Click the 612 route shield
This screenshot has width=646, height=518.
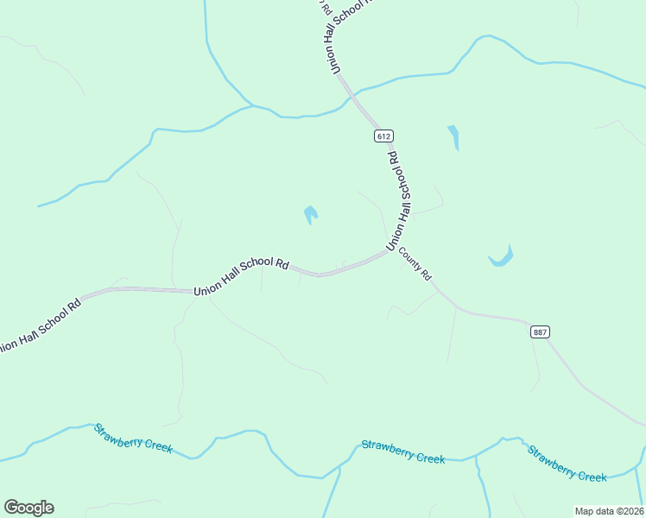point(384,136)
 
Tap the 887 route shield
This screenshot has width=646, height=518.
point(541,332)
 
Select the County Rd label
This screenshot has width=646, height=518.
point(415,266)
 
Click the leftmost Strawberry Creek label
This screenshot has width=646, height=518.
point(134,439)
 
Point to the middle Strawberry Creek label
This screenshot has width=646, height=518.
point(403,452)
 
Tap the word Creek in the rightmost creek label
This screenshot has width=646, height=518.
point(592,475)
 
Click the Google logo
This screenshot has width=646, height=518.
point(28,508)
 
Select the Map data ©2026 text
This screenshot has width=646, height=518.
point(609,511)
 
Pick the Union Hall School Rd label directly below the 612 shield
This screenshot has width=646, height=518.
point(398,201)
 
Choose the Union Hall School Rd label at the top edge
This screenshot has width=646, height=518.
point(343,35)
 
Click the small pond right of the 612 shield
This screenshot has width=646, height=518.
point(453,137)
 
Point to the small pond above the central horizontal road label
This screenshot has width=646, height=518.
point(310,213)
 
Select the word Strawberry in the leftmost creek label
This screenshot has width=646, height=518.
point(119,433)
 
